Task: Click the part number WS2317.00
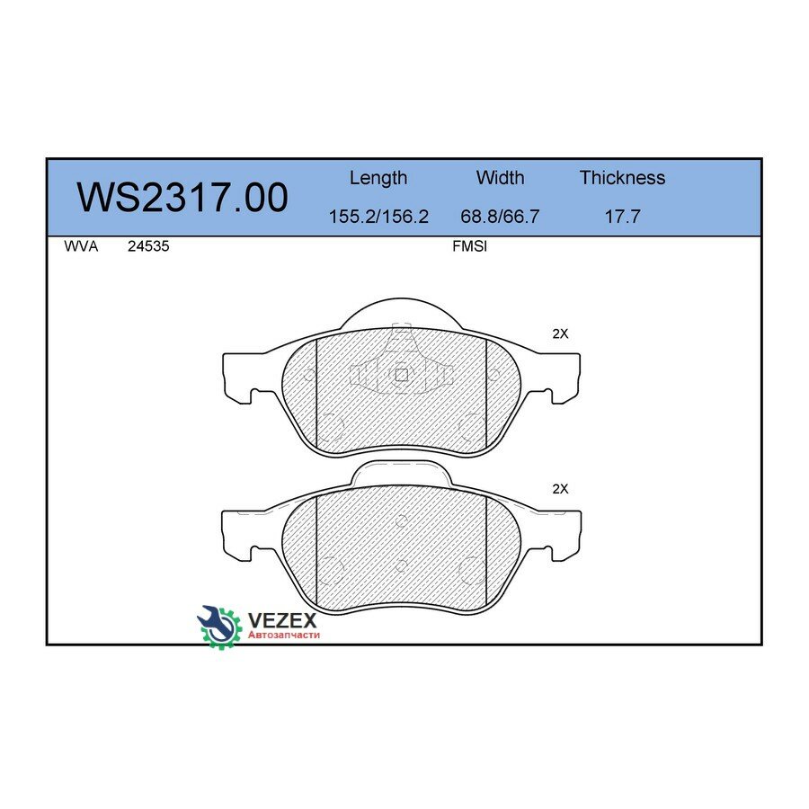182,198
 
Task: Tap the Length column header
378,178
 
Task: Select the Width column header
500,178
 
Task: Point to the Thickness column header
622,178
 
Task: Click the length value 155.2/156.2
378,217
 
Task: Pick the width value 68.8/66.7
500,217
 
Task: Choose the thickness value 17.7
622,217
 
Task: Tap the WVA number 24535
148,246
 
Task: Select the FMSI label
469,246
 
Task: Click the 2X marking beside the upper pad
560,333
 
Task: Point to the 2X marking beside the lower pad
560,489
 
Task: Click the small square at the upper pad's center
402,375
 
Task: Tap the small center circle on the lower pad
401,566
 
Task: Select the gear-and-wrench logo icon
219,626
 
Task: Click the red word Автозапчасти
284,635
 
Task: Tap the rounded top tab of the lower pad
401,473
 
